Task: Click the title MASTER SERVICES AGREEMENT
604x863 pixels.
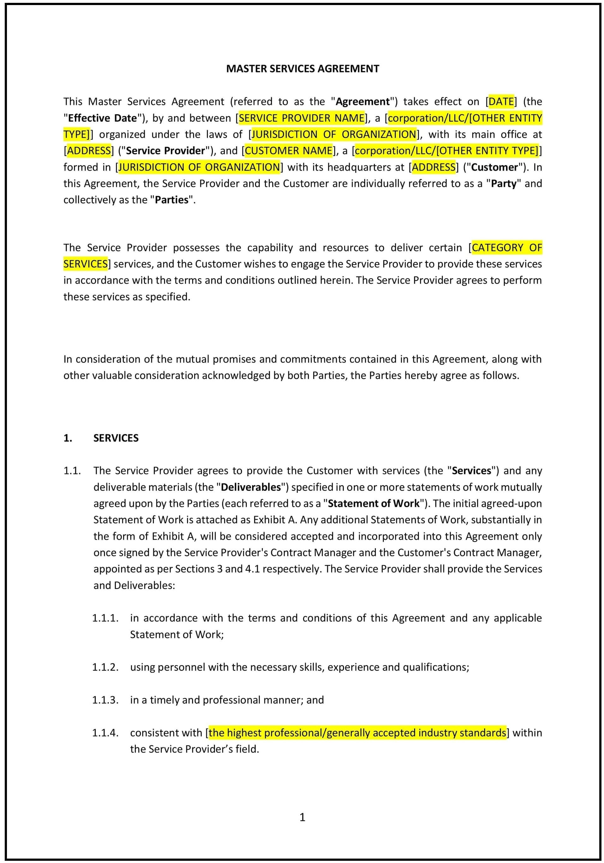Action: [x=302, y=69]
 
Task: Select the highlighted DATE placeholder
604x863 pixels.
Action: [x=501, y=101]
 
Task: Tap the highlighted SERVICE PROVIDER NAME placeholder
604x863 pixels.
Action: [x=302, y=118]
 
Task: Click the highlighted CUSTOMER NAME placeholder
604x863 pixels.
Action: [x=288, y=151]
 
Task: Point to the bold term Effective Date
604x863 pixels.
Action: [x=102, y=118]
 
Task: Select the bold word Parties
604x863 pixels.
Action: [x=172, y=200]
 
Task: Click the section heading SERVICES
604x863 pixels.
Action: [x=116, y=438]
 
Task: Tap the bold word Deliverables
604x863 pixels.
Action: [x=251, y=487]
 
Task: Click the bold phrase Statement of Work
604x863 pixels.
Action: [x=373, y=503]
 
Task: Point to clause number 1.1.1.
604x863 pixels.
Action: [x=105, y=618]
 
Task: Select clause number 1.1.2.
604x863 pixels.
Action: [x=105, y=667]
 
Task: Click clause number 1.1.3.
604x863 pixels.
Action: [x=105, y=700]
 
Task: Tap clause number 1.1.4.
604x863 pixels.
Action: [x=105, y=733]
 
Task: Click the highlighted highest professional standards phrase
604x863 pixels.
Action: [x=357, y=733]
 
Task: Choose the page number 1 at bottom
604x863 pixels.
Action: [x=302, y=817]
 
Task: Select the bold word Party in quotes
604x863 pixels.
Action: [x=503, y=184]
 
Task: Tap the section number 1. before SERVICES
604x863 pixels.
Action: [x=68, y=438]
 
